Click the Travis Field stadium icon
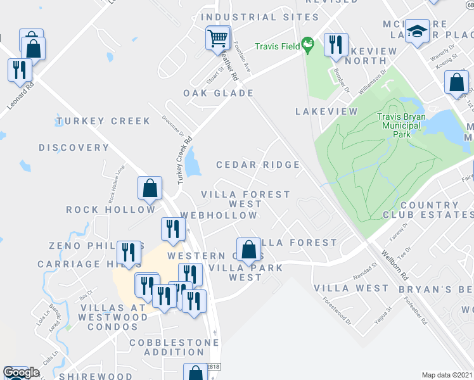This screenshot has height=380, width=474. click(x=308, y=45)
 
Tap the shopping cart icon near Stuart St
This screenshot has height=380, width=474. click(x=217, y=39)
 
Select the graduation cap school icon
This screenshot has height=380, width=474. click(x=417, y=30)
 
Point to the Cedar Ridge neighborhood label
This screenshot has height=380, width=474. click(x=258, y=165)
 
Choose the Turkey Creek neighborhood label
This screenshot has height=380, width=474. click(x=103, y=121)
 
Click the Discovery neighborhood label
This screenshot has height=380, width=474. click(x=74, y=148)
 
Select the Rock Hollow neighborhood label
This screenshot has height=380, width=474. click(x=111, y=209)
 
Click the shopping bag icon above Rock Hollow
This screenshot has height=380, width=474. click(x=150, y=187)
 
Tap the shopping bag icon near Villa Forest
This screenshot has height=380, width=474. click(x=249, y=249)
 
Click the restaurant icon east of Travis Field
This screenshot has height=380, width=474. click(x=335, y=44)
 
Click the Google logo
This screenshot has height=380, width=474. click(x=21, y=372)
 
